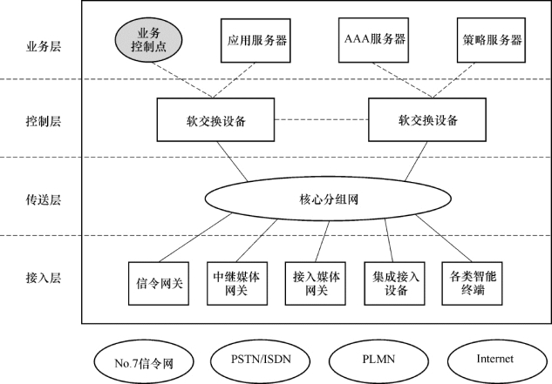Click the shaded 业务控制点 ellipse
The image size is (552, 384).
click(148, 40)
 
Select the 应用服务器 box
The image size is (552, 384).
click(256, 40)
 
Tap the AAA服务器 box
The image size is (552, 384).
click(373, 40)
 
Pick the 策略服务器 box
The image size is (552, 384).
click(491, 40)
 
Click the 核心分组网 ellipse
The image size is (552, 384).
click(328, 199)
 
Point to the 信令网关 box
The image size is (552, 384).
click(159, 284)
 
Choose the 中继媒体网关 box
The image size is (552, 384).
click(237, 284)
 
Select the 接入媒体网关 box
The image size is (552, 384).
click(315, 284)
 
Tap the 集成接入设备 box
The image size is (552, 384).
click(394, 284)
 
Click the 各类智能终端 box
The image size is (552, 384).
click(472, 284)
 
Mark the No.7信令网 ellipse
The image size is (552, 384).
click(144, 362)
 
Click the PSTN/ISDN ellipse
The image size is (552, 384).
click(261, 360)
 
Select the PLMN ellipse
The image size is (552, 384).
click(378, 360)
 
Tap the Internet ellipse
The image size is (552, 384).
click(497, 360)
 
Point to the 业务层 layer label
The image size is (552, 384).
click(44, 46)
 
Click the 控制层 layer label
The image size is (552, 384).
click(44, 121)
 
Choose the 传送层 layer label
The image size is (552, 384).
click(44, 199)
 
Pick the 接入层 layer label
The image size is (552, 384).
click(44, 278)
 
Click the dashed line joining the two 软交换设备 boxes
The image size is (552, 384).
click(322, 119)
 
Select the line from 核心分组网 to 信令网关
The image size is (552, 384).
click(195, 238)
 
